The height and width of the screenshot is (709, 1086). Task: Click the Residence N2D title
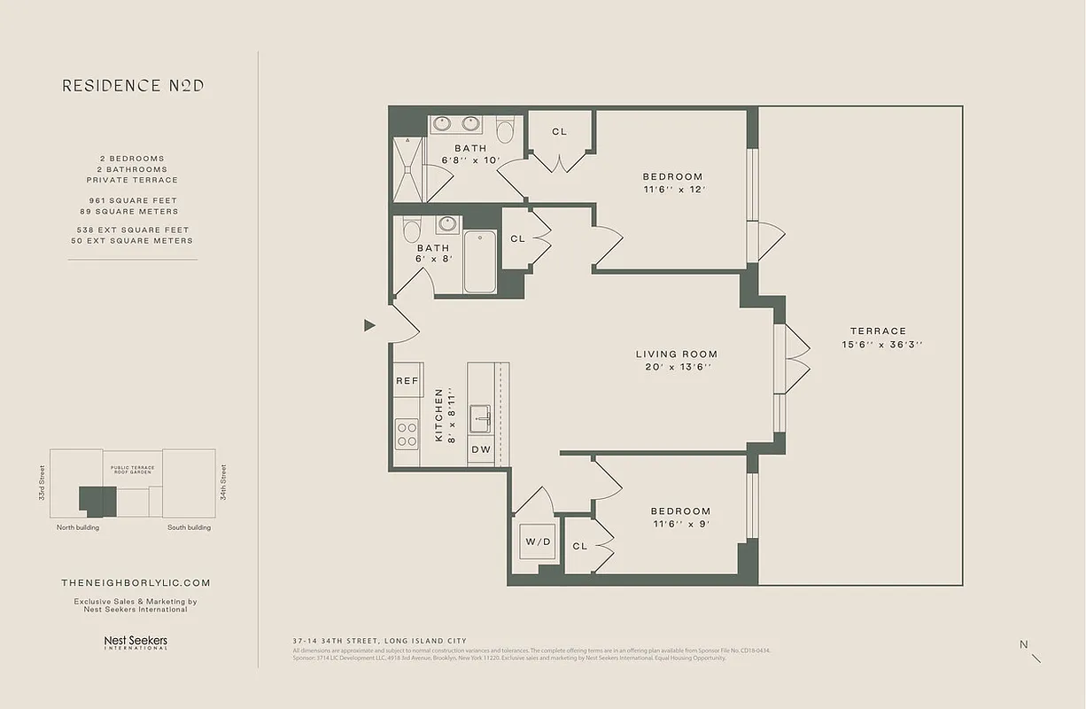(x=133, y=86)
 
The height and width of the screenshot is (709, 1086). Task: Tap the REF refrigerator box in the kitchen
(x=407, y=381)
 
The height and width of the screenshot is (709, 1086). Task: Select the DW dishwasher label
(x=480, y=450)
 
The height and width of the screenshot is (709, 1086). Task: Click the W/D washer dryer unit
(x=537, y=541)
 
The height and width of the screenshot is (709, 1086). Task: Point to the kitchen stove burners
(x=407, y=434)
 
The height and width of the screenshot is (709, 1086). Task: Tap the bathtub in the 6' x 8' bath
(x=479, y=261)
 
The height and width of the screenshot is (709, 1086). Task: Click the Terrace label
(x=878, y=331)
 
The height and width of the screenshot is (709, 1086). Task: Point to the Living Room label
(x=677, y=354)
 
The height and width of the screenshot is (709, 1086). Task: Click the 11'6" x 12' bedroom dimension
(x=673, y=189)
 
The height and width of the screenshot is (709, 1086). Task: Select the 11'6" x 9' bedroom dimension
(x=680, y=523)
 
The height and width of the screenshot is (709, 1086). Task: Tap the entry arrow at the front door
(x=369, y=325)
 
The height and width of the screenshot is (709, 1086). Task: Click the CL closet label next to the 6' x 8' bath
(x=517, y=238)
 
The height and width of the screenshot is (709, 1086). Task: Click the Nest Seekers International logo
(x=136, y=642)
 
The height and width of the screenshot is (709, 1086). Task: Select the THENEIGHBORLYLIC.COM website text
(x=136, y=582)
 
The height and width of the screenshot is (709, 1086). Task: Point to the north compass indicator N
(x=1024, y=645)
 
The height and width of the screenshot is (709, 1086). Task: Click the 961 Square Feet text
(x=133, y=200)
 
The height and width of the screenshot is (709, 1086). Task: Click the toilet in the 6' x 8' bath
(x=411, y=230)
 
